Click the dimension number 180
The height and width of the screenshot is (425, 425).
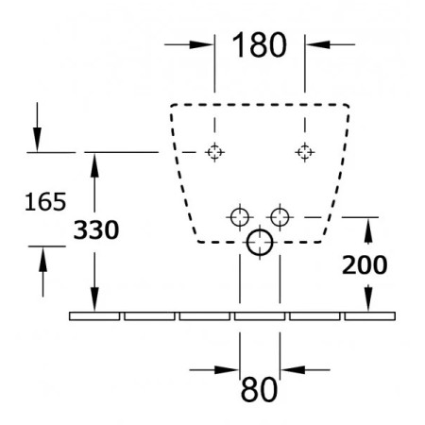(x=260, y=44)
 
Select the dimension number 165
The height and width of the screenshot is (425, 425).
(x=45, y=201)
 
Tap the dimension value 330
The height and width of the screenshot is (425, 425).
(x=96, y=229)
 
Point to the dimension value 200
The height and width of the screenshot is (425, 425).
(x=365, y=265)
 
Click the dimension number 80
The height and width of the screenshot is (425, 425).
(x=260, y=390)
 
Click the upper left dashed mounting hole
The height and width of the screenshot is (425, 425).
(x=214, y=152)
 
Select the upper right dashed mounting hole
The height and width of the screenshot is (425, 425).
(x=305, y=152)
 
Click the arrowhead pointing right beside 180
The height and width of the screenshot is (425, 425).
(x=201, y=44)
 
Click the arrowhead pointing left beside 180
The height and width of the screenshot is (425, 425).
(x=318, y=44)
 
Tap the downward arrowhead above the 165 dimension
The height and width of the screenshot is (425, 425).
(x=37, y=140)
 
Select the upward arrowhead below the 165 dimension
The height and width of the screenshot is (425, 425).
(x=42, y=259)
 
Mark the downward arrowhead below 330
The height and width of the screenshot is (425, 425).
(x=94, y=299)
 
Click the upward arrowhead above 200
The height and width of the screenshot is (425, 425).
(x=368, y=230)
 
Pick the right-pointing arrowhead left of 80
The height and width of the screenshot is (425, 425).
(x=227, y=370)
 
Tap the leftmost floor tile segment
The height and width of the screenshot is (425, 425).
(x=94, y=316)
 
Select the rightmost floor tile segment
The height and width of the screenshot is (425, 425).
(x=370, y=316)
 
